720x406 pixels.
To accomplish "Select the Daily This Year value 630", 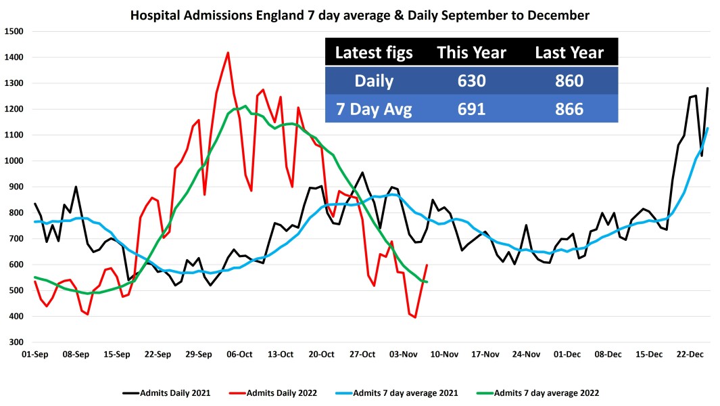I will pyautogui.click(x=471, y=81).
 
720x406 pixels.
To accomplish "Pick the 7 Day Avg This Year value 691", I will pyautogui.click(x=471, y=108).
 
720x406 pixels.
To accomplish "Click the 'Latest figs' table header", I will pyautogui.click(x=374, y=53).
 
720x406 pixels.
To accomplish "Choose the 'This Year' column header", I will pyautogui.click(x=471, y=53).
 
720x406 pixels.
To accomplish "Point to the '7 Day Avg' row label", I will pyautogui.click(x=374, y=108).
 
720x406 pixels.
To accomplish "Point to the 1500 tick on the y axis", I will pyautogui.click(x=14, y=31).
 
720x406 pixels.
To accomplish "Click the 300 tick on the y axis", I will pyautogui.click(x=16, y=342).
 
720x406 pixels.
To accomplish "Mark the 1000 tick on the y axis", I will pyautogui.click(x=14, y=161).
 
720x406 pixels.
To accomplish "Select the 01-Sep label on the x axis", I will pyautogui.click(x=35, y=354).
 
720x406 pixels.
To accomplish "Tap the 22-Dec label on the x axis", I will pyautogui.click(x=691, y=354).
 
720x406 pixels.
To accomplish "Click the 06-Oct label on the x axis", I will pyautogui.click(x=240, y=354).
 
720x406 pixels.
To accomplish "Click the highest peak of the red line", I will pyautogui.click(x=228, y=53).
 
